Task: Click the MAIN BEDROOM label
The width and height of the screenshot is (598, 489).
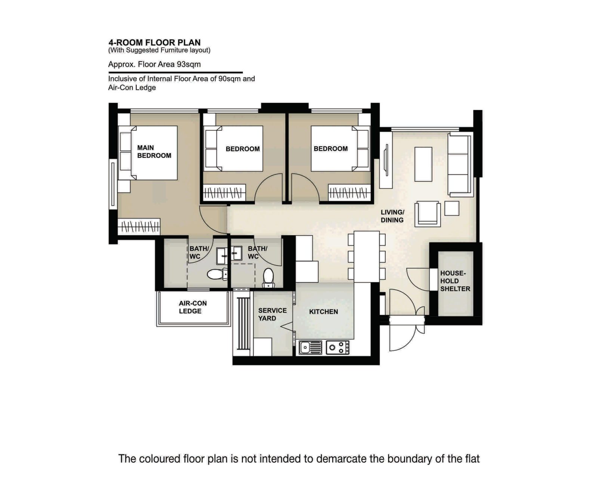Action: point(154,152)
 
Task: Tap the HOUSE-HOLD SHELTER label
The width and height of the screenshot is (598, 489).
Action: point(455,281)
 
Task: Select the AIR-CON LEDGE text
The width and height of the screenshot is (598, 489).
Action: point(192,307)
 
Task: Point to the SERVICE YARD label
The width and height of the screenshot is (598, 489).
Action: point(272,314)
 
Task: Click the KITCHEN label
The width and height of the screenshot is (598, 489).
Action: point(323,312)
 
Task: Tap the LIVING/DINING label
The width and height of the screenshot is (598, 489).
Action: point(392,216)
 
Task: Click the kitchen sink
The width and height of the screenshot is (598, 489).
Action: point(310,347)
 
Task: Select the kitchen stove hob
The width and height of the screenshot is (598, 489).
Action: point(337,347)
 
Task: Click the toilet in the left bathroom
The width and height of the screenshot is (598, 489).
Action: point(217,275)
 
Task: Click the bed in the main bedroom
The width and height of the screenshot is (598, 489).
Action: point(154,153)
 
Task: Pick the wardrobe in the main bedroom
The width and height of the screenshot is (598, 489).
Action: point(139,226)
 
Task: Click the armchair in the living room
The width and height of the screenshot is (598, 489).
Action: point(428,214)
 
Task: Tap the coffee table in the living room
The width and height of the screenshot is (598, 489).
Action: point(423,164)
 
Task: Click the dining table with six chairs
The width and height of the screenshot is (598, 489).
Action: point(367,256)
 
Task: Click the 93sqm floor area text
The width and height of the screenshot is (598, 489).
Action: point(154,64)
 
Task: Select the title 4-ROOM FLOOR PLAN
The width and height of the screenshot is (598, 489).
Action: point(154,42)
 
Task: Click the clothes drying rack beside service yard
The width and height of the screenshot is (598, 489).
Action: point(243,323)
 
